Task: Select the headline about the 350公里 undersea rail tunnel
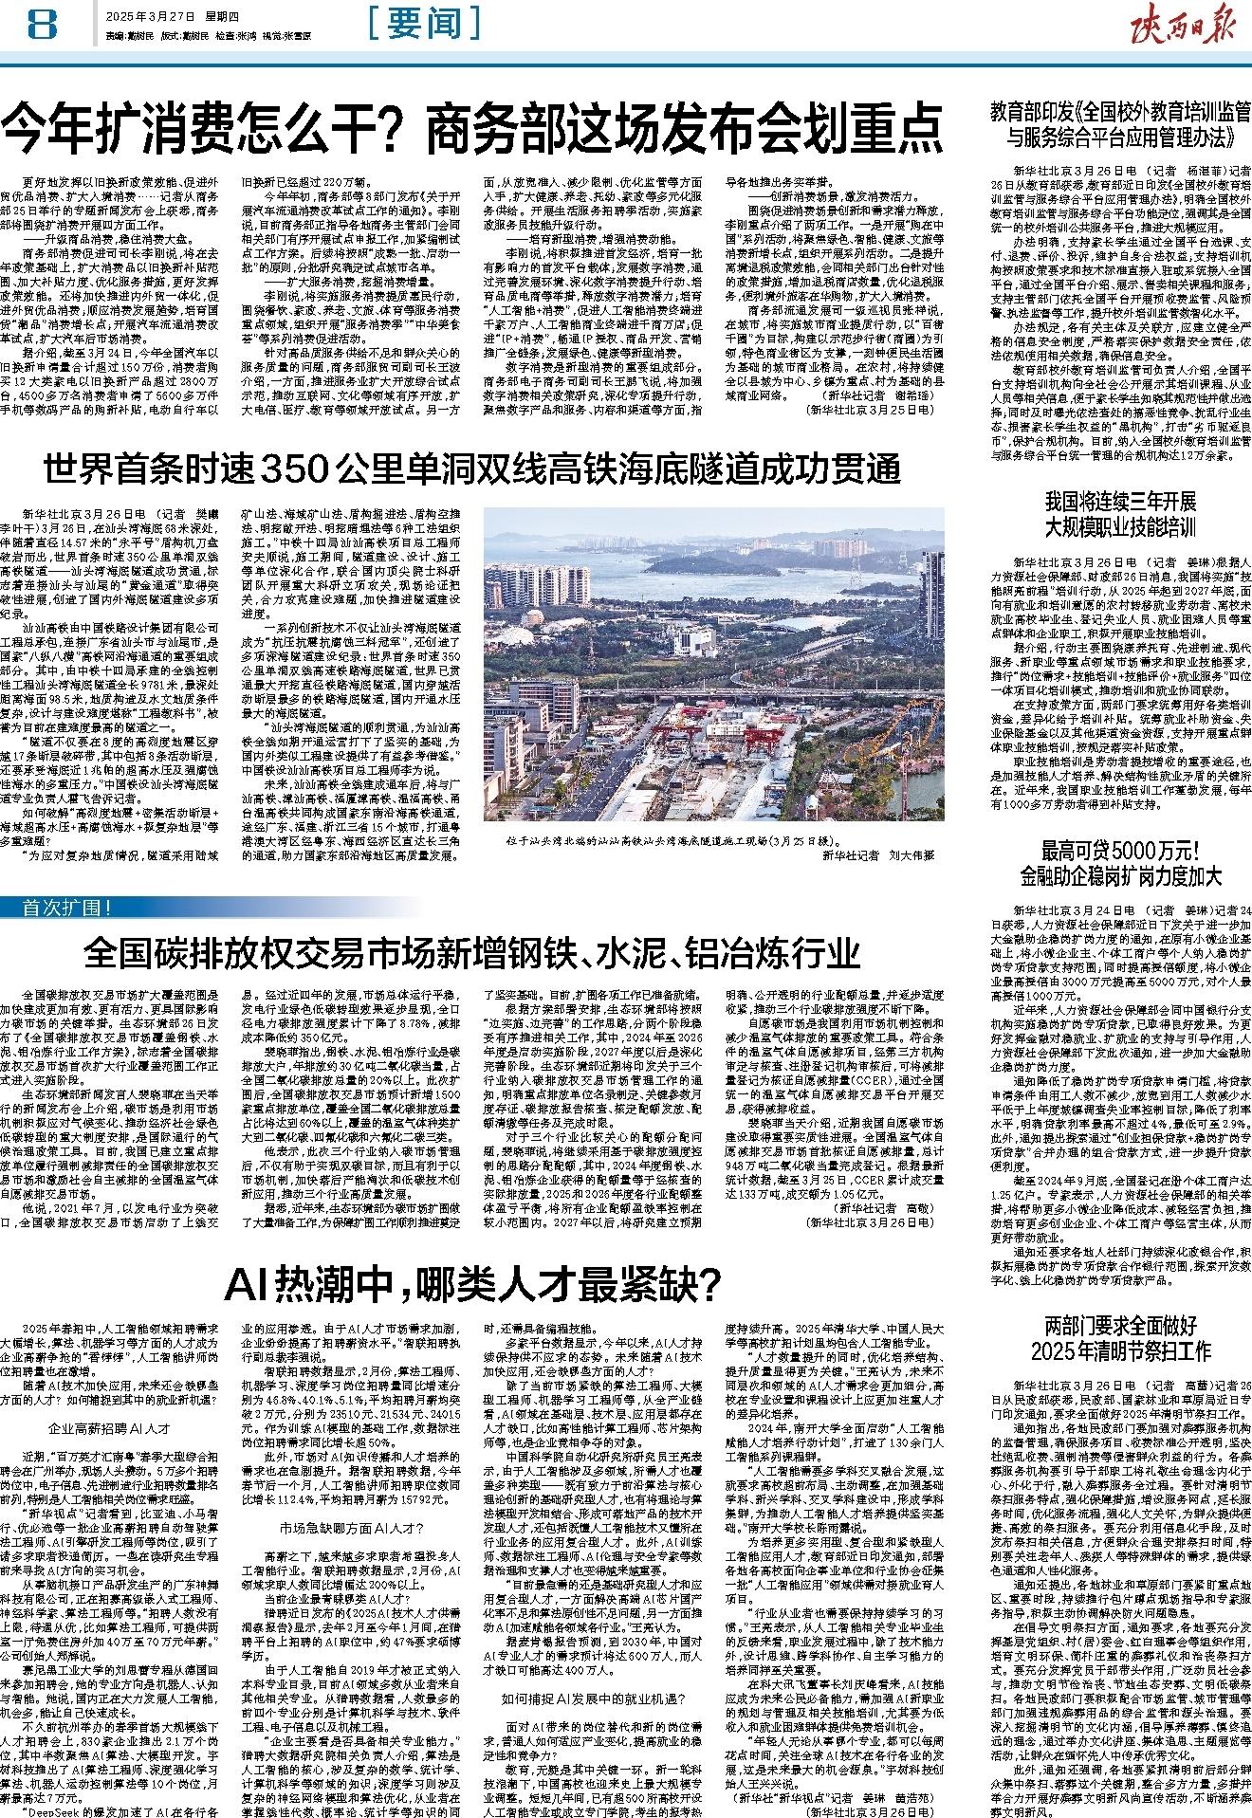pyautogui.click(x=472, y=468)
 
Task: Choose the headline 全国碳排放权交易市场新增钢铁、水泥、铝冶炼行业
pyautogui.click(x=472, y=950)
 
